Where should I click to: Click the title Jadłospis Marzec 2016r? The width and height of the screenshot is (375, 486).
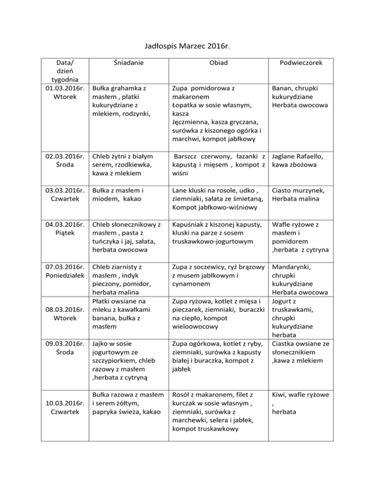pyautogui.click(x=187, y=47)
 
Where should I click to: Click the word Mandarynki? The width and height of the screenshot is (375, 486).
pyautogui.click(x=292, y=267)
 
